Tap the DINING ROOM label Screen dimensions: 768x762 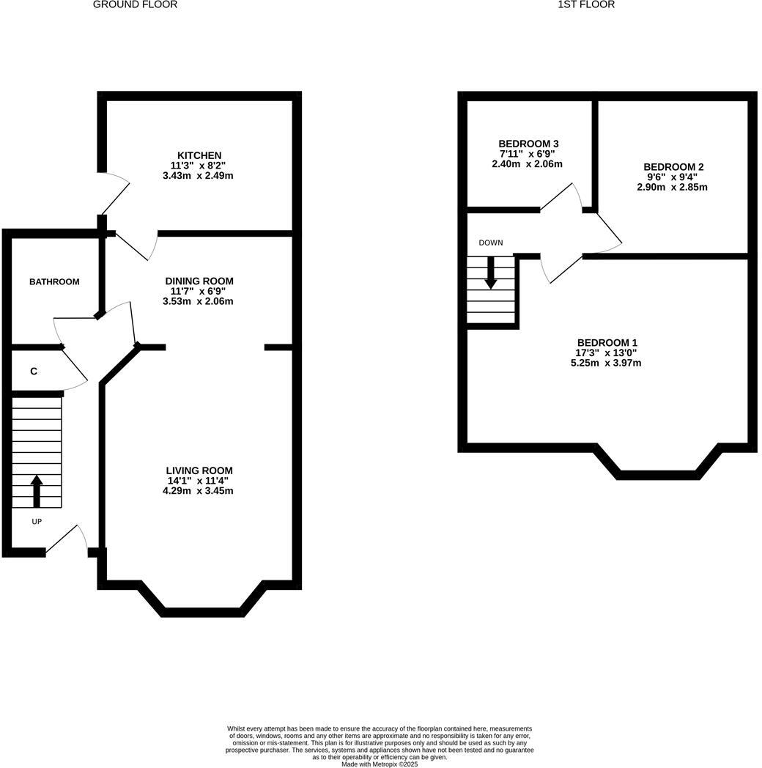coord(199,281)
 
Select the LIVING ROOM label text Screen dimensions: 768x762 coord(199,470)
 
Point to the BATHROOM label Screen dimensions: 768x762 coord(54,282)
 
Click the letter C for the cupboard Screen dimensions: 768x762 coord(34,372)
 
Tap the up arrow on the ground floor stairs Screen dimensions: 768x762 coord(37,491)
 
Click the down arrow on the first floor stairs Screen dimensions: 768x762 coord(491,271)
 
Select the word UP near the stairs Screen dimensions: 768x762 coord(37,522)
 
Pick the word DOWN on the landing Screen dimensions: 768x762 coord(491,243)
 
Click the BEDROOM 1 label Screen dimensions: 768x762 coord(607,342)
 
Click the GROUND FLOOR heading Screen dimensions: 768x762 coord(135,4)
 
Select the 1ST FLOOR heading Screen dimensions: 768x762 coord(586,4)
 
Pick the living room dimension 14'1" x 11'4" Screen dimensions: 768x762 coord(198,481)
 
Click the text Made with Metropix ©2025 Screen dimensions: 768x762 coord(380,764)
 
